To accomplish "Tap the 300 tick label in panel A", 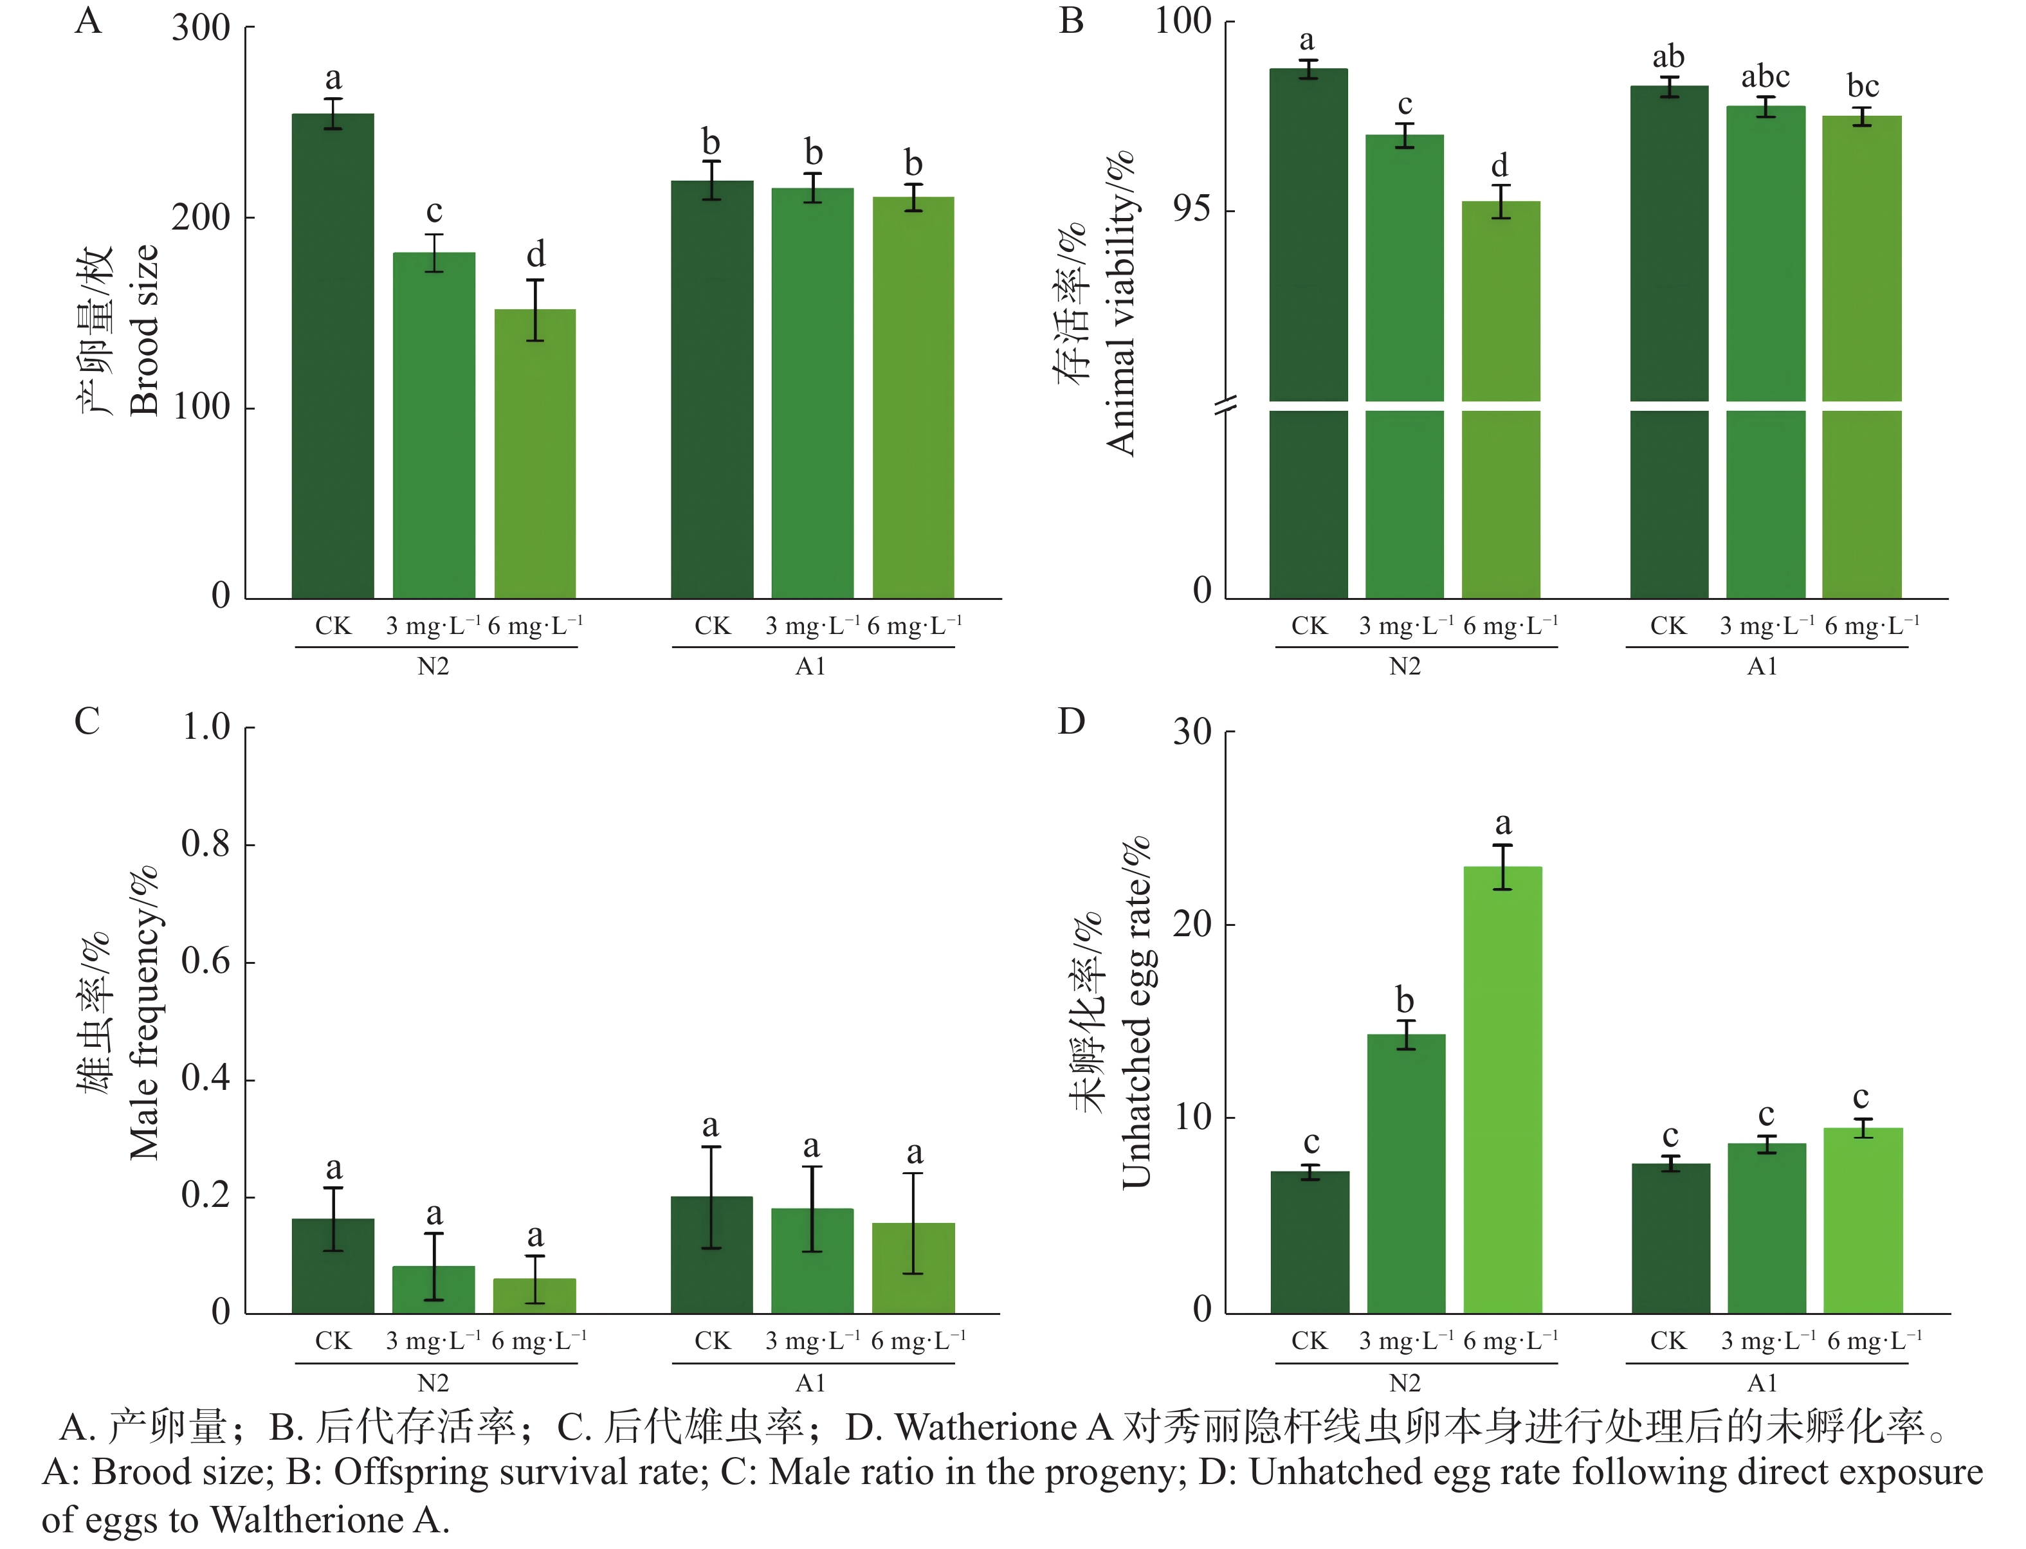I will coord(201,28).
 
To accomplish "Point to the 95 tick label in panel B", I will coord(1191,210).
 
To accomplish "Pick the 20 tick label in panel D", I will coord(1191,924).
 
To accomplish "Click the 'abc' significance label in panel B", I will coord(1765,77).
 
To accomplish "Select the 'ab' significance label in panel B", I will coord(1668,57).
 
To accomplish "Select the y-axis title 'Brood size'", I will coord(145,330).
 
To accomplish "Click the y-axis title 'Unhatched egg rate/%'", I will coord(1136,1012).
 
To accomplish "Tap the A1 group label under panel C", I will coord(810,1383).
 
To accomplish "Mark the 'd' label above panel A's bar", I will coord(536,255).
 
